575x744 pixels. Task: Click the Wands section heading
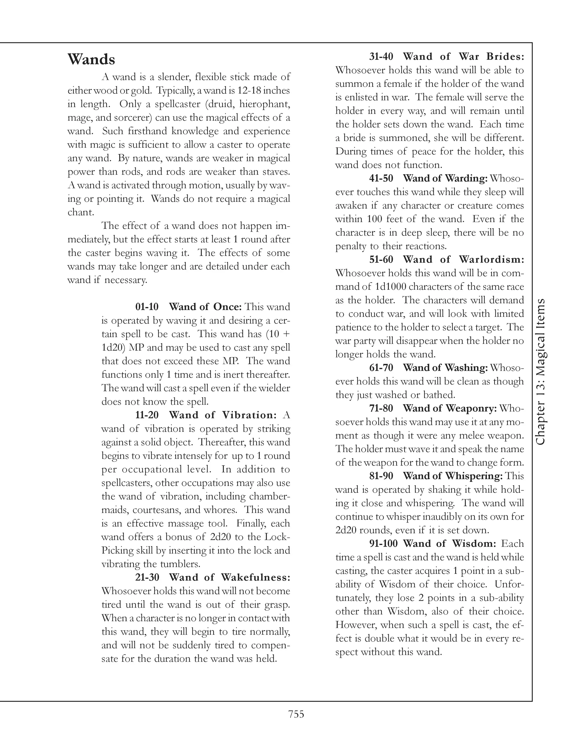tap(91, 60)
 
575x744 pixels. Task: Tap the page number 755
tap(296, 714)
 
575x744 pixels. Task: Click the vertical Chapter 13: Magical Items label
tap(540, 372)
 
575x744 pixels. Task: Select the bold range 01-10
tap(147, 307)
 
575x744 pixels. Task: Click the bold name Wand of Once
tap(205, 307)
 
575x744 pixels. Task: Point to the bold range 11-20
tap(147, 415)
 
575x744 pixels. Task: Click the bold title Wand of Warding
tap(445, 178)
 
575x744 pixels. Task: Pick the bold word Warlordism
tap(491, 260)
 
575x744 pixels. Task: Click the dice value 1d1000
tap(386, 287)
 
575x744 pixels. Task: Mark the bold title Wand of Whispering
tap(453, 476)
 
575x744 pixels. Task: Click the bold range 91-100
tap(384, 544)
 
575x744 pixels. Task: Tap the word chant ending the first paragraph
tap(80, 213)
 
